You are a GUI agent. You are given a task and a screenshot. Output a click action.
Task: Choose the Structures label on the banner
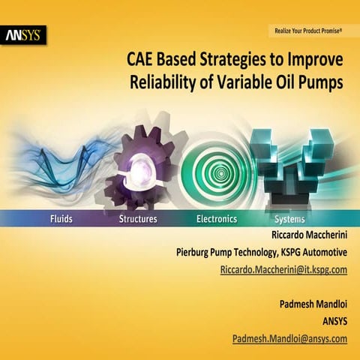pos(138,219)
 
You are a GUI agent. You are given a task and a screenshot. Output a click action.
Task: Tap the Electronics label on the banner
pos(216,219)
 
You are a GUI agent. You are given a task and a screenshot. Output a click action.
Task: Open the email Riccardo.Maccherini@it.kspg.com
pos(283,269)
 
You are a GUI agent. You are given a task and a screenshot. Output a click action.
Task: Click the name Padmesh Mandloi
pos(309,305)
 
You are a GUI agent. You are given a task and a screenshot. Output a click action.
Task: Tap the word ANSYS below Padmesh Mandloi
pos(333,322)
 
